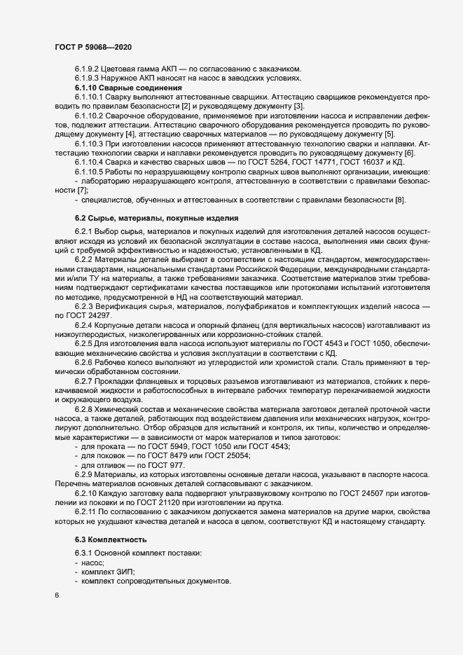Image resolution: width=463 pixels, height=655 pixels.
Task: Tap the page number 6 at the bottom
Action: pos(56,595)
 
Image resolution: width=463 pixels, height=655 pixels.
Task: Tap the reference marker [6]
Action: pos(410,153)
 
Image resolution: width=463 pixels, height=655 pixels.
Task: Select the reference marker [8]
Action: pos(400,201)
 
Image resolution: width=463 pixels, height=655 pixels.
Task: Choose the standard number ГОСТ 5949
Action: pos(166,446)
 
